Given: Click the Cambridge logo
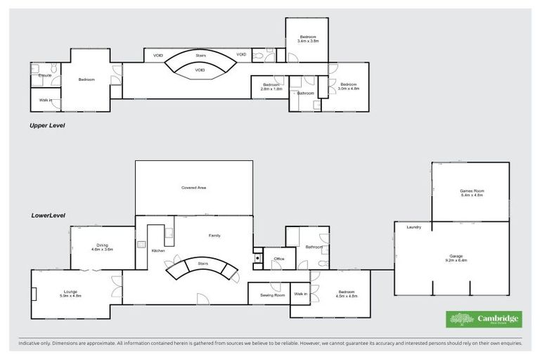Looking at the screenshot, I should click(x=484, y=320).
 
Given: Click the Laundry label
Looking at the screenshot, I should click(x=413, y=226).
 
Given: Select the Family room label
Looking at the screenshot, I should click(x=214, y=236).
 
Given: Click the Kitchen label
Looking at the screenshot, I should click(x=158, y=250).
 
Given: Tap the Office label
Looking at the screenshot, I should click(x=278, y=259).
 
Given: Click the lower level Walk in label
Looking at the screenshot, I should click(x=300, y=294).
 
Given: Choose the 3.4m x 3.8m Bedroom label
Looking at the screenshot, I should click(x=308, y=39).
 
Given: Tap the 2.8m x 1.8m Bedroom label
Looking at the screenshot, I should click(x=271, y=86).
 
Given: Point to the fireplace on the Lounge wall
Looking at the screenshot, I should click(x=33, y=294).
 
